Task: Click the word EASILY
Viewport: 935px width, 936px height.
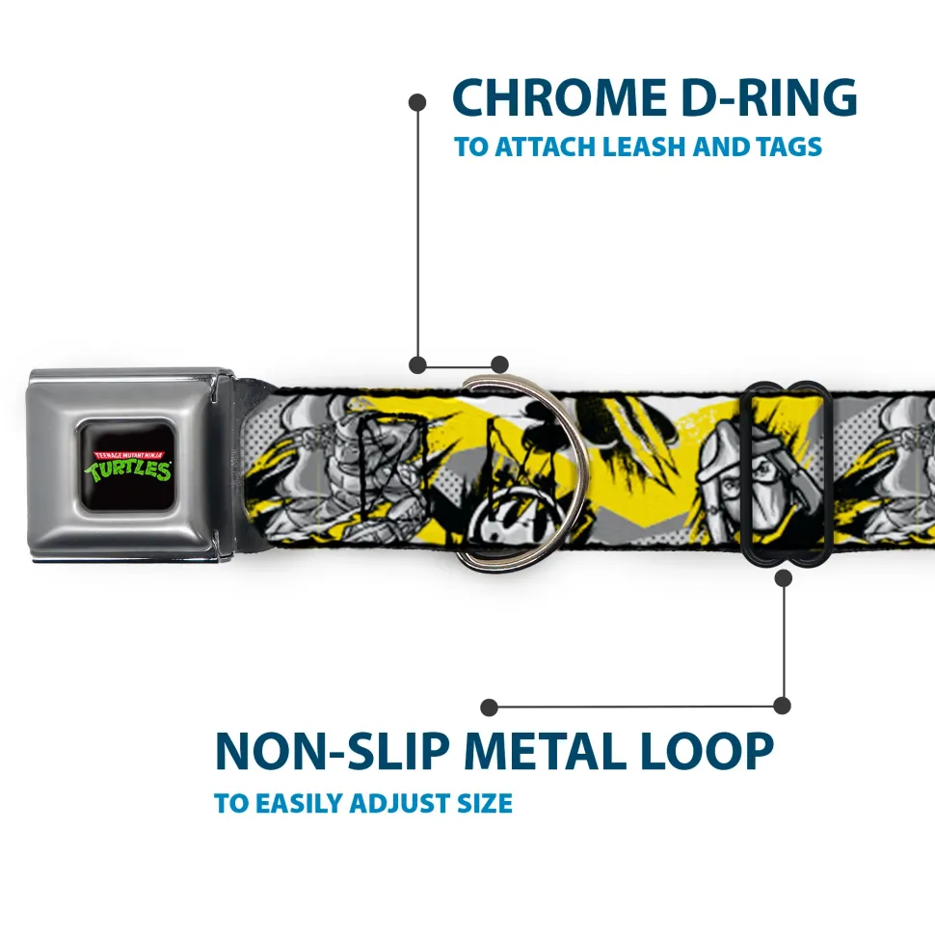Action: click(x=300, y=803)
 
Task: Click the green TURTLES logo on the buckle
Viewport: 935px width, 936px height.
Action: click(x=128, y=468)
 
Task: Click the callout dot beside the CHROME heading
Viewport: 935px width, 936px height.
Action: click(x=417, y=100)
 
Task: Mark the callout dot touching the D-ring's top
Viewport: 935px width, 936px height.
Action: click(x=499, y=364)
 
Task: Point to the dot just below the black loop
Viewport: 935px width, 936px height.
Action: click(x=783, y=577)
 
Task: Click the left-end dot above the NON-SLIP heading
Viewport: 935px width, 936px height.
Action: click(x=490, y=708)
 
